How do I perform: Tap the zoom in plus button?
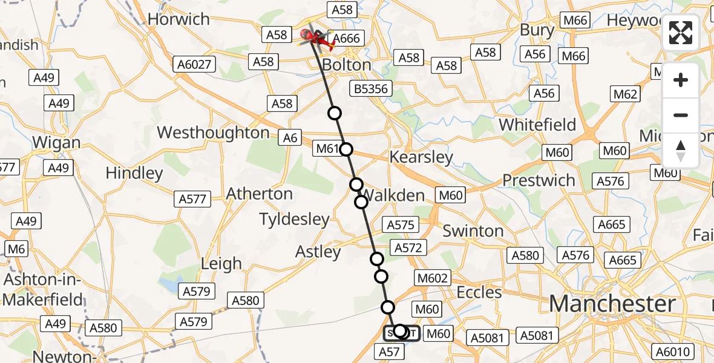(x=681, y=80)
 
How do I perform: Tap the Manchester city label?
(x=612, y=304)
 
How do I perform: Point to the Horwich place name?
(x=178, y=19)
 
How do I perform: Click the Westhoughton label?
(x=213, y=132)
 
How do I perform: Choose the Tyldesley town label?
(x=294, y=220)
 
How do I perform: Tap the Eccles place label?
(x=480, y=293)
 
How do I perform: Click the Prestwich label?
(x=539, y=180)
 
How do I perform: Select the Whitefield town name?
(x=537, y=125)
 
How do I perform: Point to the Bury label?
(x=537, y=30)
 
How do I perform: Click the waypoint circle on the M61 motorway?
(x=346, y=149)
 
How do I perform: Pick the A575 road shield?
(x=400, y=225)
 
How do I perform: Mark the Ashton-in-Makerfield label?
(x=42, y=289)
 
